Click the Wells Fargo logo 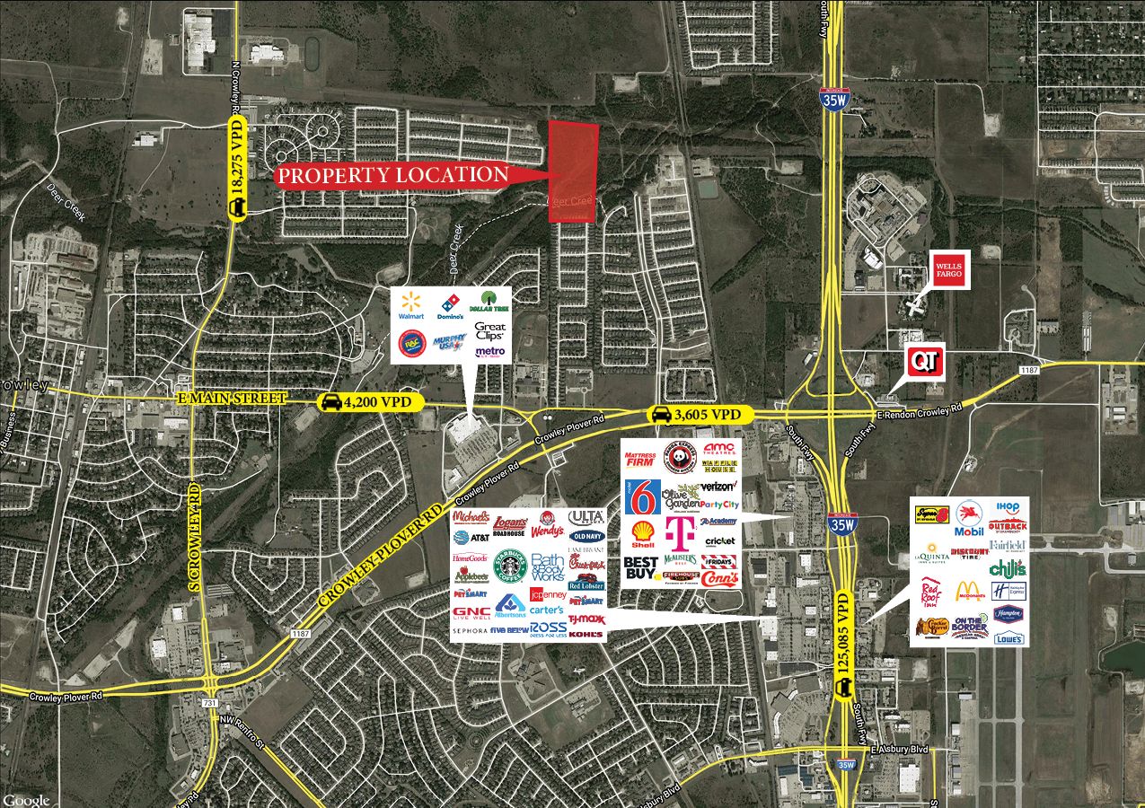(x=949, y=268)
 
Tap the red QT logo (x=926, y=361)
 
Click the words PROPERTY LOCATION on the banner (x=392, y=175)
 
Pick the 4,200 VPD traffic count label (x=371, y=402)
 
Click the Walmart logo (x=412, y=303)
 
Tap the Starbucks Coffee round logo (x=509, y=566)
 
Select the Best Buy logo (x=643, y=568)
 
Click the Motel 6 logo (x=643, y=496)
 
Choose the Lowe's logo (x=1009, y=638)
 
